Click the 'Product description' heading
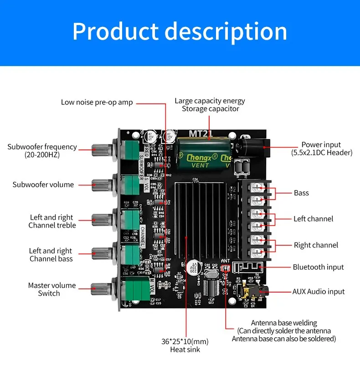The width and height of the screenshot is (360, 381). (x=180, y=31)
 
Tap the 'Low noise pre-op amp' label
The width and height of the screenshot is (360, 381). (x=97, y=102)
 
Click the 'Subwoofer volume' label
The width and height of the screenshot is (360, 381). (x=43, y=185)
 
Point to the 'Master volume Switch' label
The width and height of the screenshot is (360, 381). (x=51, y=289)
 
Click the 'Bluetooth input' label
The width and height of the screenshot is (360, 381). (x=318, y=267)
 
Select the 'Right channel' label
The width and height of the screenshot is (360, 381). (x=316, y=245)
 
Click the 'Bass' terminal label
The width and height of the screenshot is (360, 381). (x=301, y=193)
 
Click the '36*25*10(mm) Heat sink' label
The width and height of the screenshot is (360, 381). (x=185, y=345)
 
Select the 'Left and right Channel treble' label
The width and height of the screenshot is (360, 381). (x=52, y=221)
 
